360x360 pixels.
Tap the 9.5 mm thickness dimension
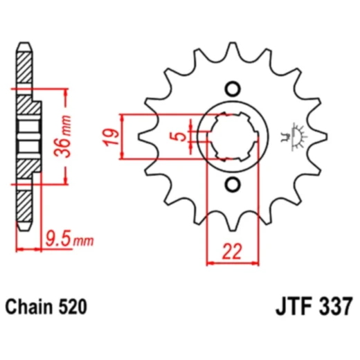click(68, 241)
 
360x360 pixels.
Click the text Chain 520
click(46, 305)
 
